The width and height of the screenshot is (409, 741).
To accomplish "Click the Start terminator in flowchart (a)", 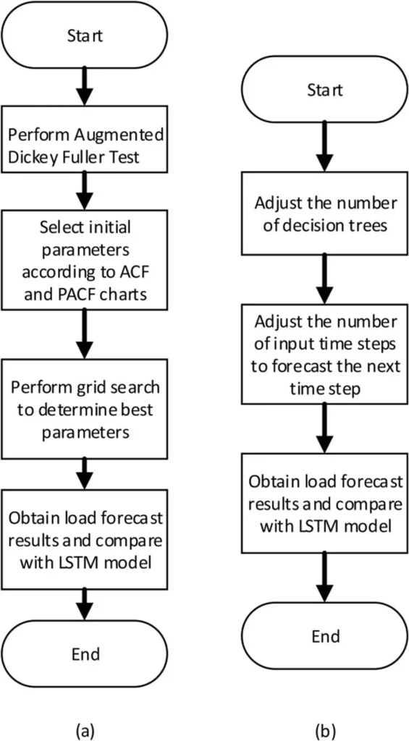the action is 84,36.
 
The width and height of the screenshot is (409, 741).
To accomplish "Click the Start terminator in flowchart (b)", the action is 324,90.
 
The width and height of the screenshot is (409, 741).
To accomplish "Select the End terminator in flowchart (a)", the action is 84,653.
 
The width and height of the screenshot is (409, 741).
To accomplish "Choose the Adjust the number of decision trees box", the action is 324,213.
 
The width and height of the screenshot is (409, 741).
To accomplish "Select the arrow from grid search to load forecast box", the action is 84,474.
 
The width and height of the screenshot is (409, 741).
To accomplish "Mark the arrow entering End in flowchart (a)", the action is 84,605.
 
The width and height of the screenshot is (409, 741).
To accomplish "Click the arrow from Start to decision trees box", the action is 324,147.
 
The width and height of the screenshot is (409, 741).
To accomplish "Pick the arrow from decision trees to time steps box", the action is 324,279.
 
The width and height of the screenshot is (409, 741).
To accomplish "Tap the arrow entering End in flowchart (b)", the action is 324,577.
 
